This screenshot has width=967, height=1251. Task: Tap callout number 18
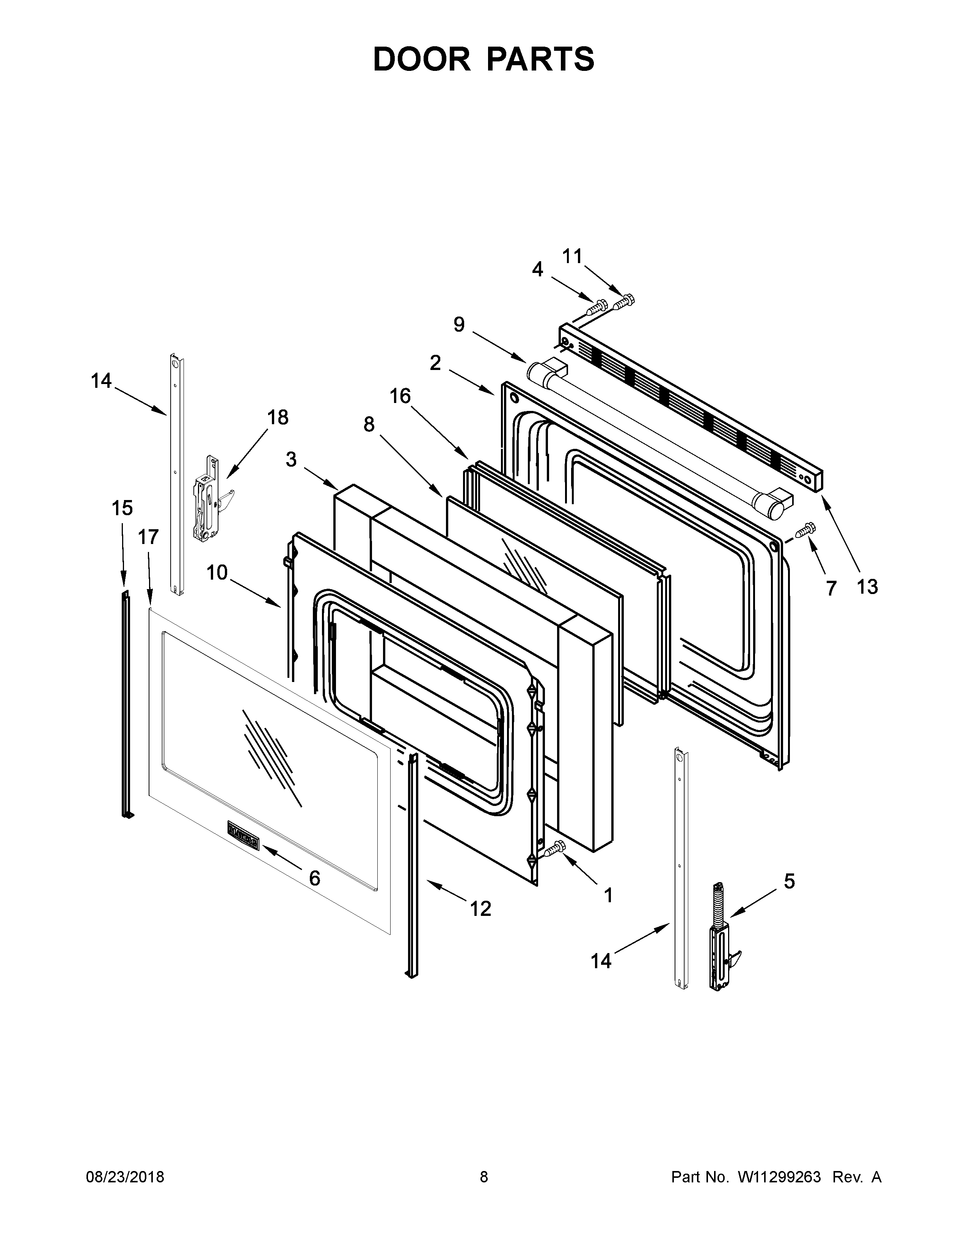point(278,418)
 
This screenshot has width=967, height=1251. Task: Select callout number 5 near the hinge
point(789,881)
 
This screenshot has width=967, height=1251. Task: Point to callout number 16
point(400,396)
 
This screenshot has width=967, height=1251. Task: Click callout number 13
point(867,586)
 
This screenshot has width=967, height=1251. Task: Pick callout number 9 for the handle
point(459,325)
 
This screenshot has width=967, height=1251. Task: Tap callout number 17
point(148,537)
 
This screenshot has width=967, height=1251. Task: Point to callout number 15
point(122,508)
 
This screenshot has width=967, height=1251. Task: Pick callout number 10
point(217,572)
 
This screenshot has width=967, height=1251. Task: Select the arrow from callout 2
point(471,381)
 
